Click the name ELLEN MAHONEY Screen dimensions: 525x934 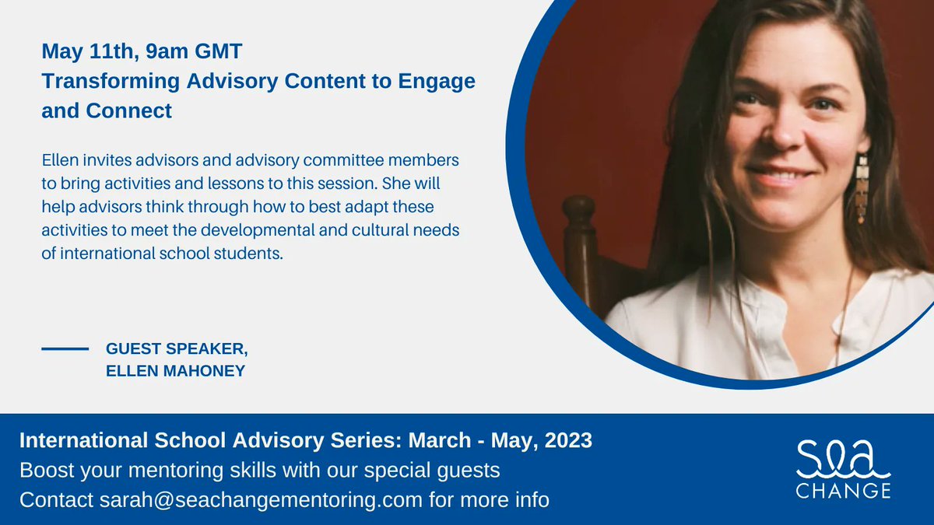175,371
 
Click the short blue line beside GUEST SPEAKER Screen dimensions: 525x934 65,349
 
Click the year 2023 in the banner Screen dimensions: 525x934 567,440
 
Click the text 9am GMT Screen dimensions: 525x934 197,52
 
